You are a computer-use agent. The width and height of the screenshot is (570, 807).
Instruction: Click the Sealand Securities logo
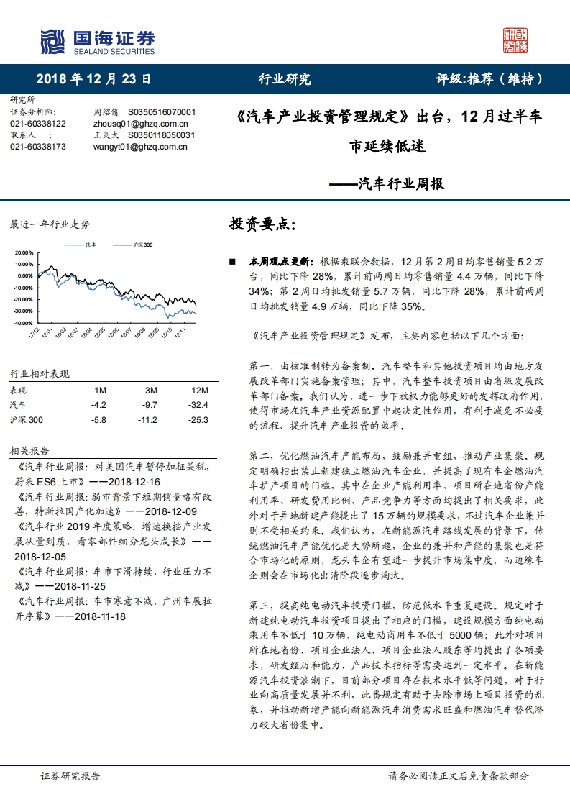(x=97, y=42)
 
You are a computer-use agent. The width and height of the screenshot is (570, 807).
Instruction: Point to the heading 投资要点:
(x=262, y=224)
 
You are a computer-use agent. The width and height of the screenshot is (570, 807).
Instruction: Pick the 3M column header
(x=151, y=390)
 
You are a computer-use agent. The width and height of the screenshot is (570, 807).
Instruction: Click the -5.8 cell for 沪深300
(x=100, y=420)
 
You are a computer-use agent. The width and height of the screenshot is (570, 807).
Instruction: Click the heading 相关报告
(x=29, y=451)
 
